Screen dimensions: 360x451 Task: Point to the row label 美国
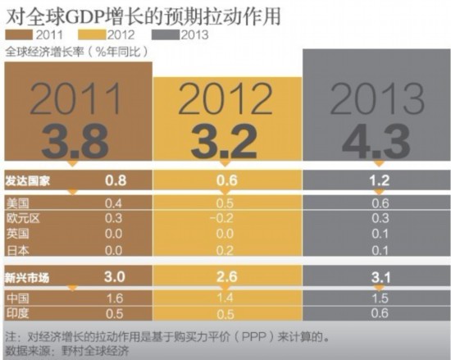pyautogui.click(x=17, y=202)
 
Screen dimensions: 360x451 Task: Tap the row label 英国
pyautogui.click(x=17, y=234)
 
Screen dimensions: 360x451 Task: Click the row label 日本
pyautogui.click(x=17, y=249)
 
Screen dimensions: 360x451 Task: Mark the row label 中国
pyautogui.click(x=17, y=298)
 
